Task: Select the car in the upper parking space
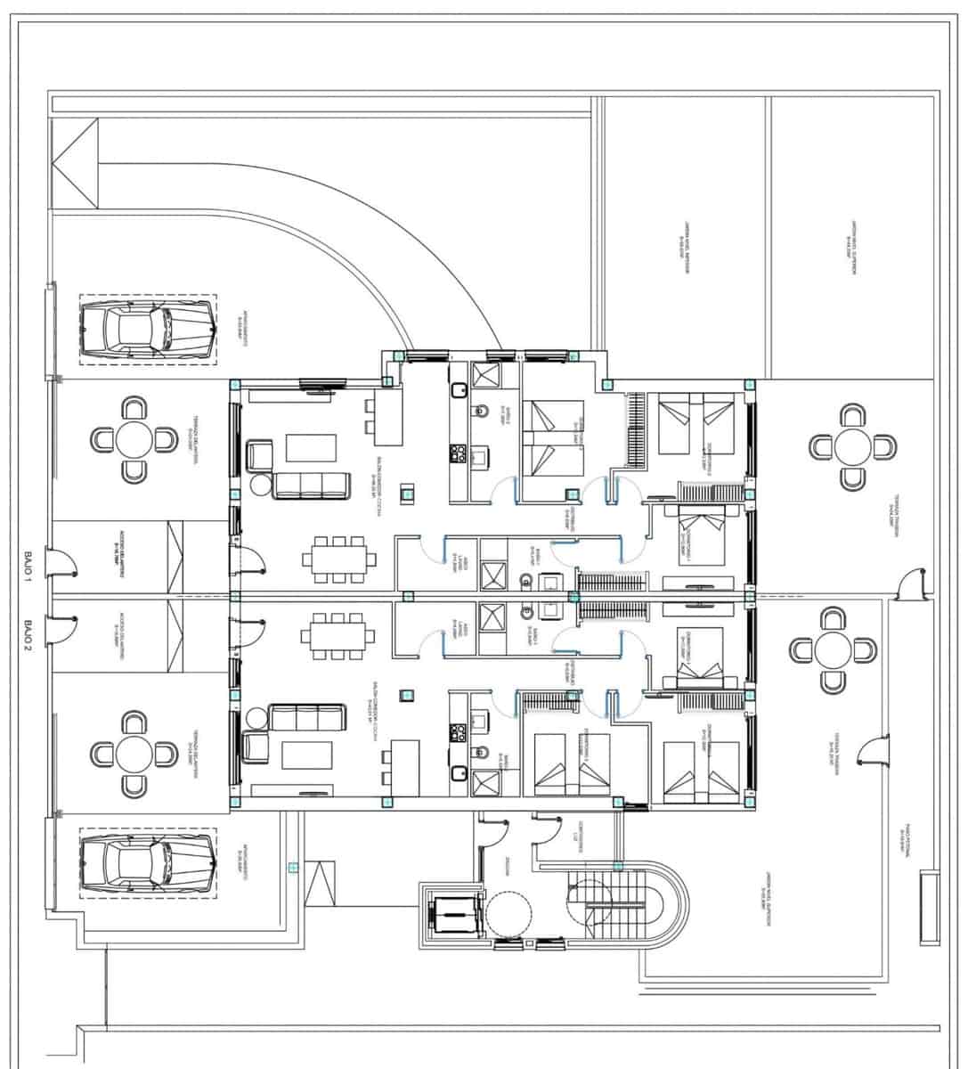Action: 147,330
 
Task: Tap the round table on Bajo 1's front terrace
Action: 134,439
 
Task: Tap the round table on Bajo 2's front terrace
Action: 134,754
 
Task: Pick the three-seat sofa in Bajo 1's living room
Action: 310,486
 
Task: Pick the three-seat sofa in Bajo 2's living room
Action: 307,717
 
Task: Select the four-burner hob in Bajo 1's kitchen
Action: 460,454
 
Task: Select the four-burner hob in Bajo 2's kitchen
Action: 460,732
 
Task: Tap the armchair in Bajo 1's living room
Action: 259,454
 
